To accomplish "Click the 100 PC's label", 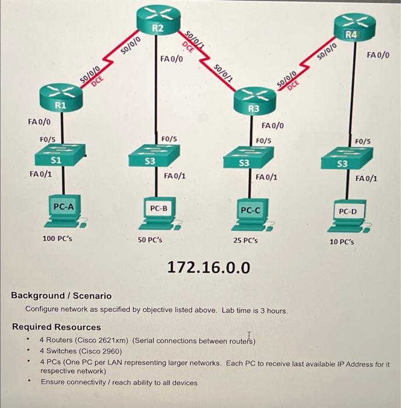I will point(58,238).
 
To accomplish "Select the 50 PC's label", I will point(150,240).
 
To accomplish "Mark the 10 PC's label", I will point(342,241).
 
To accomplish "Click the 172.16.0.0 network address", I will point(209,268).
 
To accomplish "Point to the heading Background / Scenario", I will point(61,296).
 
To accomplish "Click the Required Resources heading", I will point(57,327).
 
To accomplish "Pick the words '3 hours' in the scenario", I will point(273,311).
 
